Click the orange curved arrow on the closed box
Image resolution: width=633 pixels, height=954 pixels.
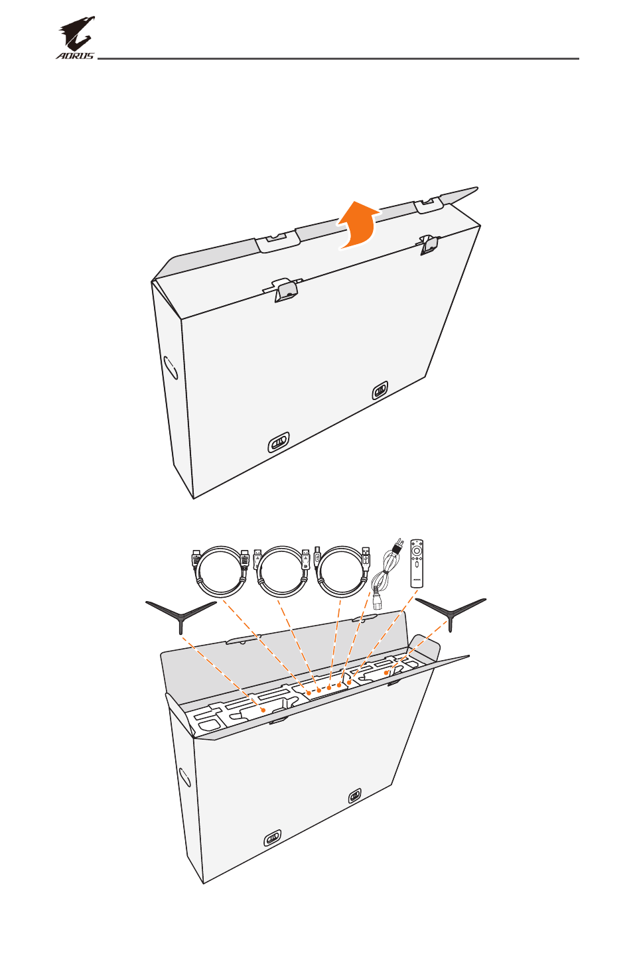pos(357,225)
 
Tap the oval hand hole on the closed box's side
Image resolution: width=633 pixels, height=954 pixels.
pos(171,368)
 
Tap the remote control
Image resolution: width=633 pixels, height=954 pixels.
pos(417,564)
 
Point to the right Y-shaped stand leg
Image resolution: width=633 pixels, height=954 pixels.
pos(451,614)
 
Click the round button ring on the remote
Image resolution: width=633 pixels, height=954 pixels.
pos(417,551)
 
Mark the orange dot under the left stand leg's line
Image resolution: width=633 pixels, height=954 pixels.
pos(263,710)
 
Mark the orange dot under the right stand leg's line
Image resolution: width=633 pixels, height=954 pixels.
pos(386,673)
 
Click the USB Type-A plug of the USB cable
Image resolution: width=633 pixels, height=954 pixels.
pos(367,558)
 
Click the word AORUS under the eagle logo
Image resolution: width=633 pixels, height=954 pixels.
pos(75,56)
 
